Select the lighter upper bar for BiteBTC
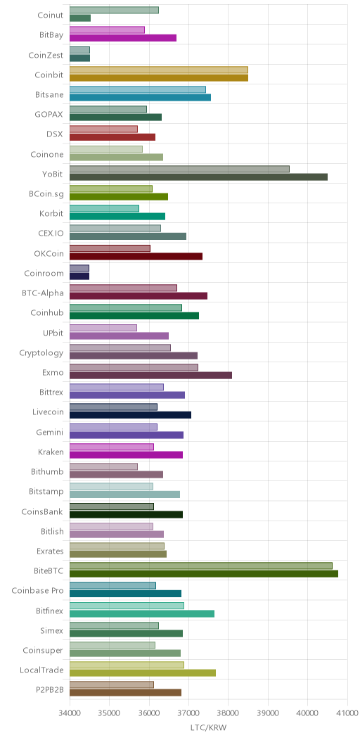point(201,566)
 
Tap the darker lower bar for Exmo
point(151,375)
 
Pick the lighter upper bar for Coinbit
point(158,70)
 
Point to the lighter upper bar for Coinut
point(114,11)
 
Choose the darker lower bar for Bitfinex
point(142,613)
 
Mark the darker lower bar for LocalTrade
point(143,673)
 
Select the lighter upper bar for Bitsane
point(138,89)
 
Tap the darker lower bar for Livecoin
point(130,415)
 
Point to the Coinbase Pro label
point(37,590)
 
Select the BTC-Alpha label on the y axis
point(42,293)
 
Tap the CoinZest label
point(46,55)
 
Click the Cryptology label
point(41,353)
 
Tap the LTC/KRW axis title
point(209,728)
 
